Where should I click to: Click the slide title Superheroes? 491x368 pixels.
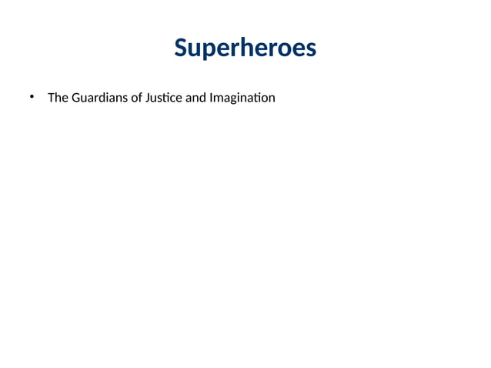point(245,48)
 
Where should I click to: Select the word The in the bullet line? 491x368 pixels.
point(58,98)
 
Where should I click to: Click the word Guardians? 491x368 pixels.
point(97,98)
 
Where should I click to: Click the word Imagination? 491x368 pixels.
point(242,99)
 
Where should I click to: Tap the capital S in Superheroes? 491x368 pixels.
point(181,48)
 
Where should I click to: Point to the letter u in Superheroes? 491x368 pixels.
point(193,49)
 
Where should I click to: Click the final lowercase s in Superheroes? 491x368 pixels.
point(309,49)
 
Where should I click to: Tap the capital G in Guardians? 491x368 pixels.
point(75,98)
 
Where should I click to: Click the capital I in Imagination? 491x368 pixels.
point(211,98)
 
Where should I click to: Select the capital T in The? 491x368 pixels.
point(51,98)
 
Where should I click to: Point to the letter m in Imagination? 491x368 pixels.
point(219,99)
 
